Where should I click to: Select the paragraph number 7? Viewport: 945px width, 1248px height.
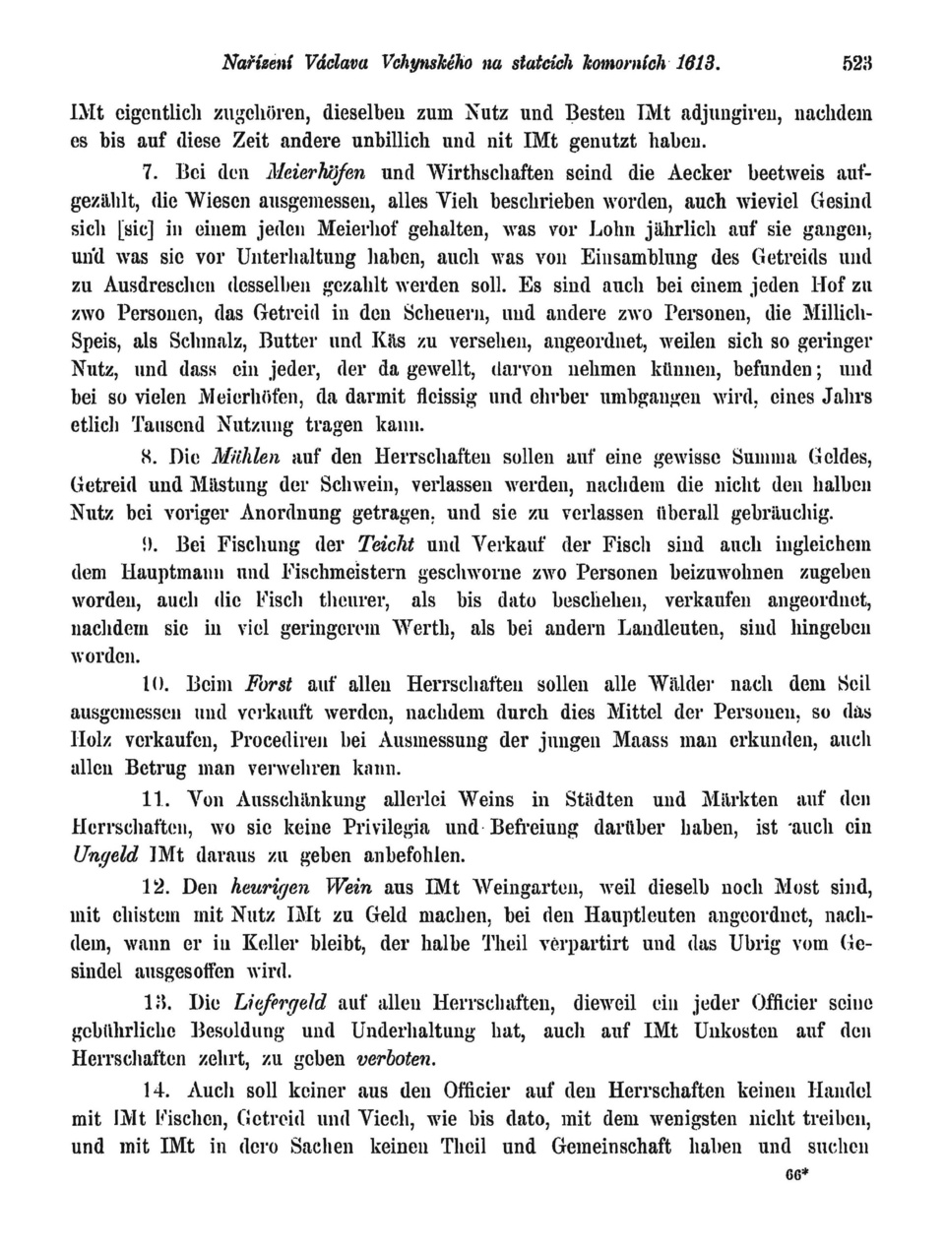151,175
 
